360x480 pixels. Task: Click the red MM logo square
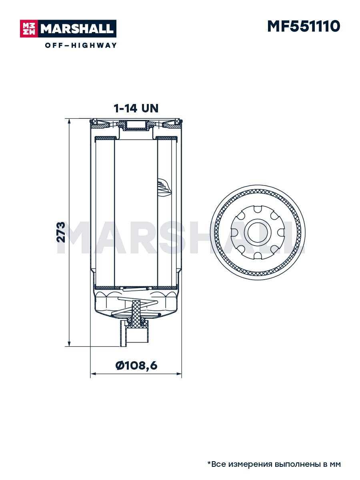click(29, 29)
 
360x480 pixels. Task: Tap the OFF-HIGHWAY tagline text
click(81, 45)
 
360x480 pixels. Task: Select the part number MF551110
click(304, 26)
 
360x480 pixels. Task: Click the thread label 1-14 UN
click(136, 108)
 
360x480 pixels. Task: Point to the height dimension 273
click(61, 232)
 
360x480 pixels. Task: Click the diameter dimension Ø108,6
click(136, 366)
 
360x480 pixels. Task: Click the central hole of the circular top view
click(258, 232)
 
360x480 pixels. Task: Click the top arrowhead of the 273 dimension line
click(69, 122)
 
